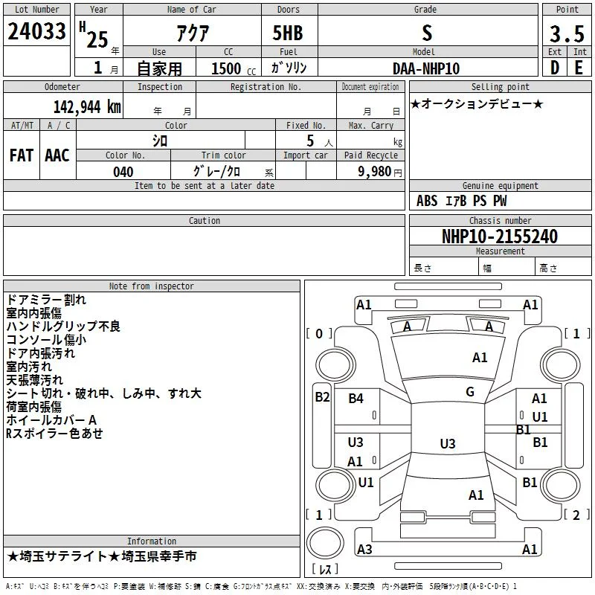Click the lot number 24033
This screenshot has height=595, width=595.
point(36,31)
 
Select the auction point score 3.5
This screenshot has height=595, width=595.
point(567,33)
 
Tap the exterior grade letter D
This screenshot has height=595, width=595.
point(554,68)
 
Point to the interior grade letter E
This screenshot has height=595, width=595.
point(579,68)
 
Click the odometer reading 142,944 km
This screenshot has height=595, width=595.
point(87,107)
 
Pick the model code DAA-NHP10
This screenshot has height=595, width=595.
point(425,68)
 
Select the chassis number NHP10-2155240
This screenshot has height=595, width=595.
point(500,237)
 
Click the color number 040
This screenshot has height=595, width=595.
point(123,172)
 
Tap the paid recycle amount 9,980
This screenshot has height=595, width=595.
point(375,172)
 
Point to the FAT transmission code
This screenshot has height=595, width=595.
point(22,155)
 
